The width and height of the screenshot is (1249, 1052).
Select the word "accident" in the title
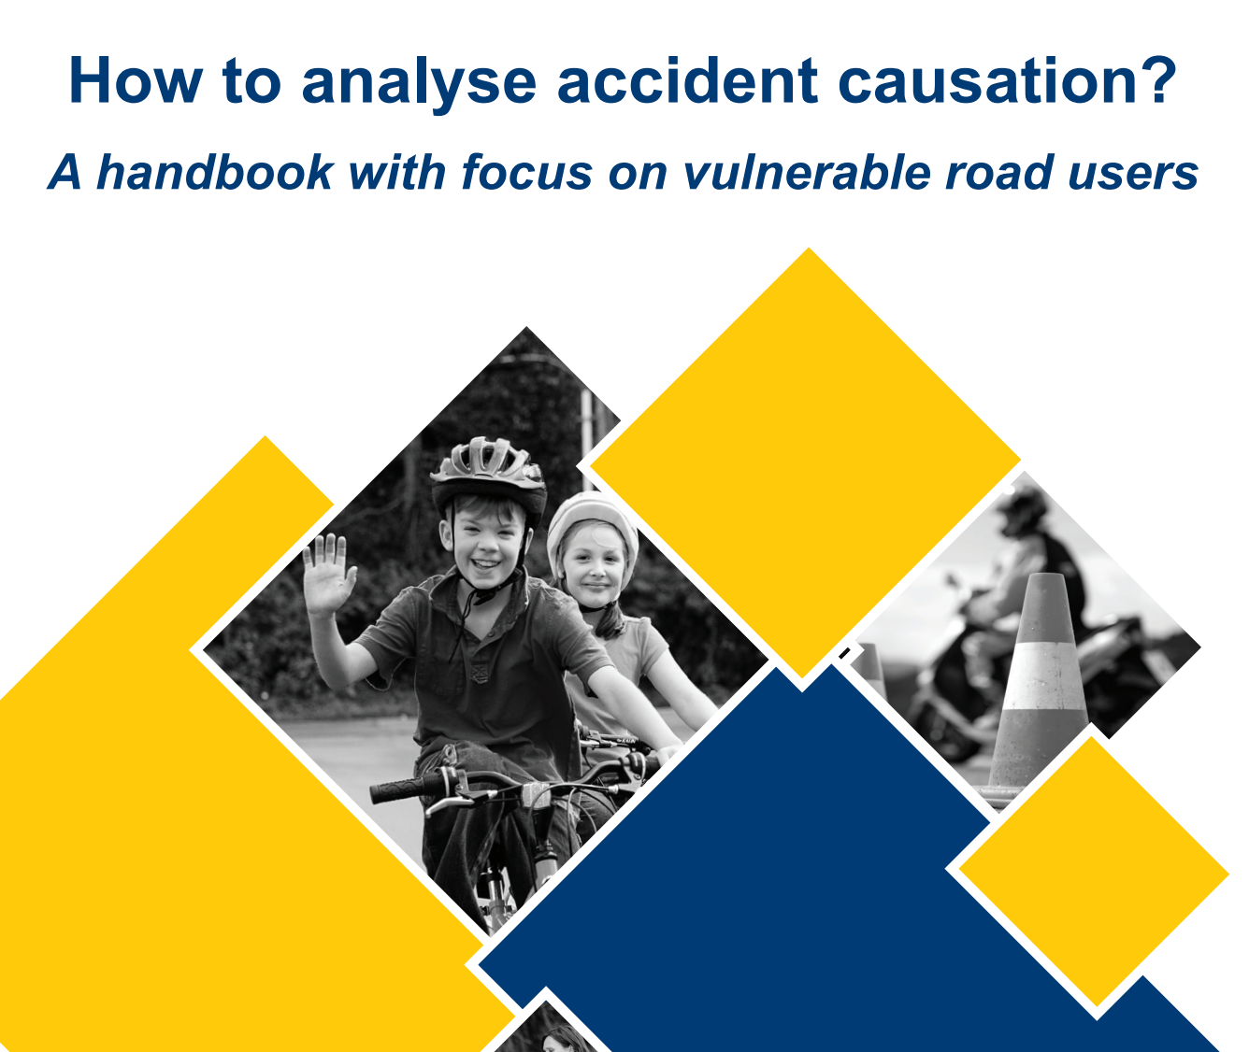click(687, 80)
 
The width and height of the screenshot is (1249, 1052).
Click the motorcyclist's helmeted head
click(1024, 511)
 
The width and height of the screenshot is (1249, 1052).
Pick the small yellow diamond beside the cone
click(1094, 874)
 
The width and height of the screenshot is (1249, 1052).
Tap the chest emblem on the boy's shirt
click(479, 673)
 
